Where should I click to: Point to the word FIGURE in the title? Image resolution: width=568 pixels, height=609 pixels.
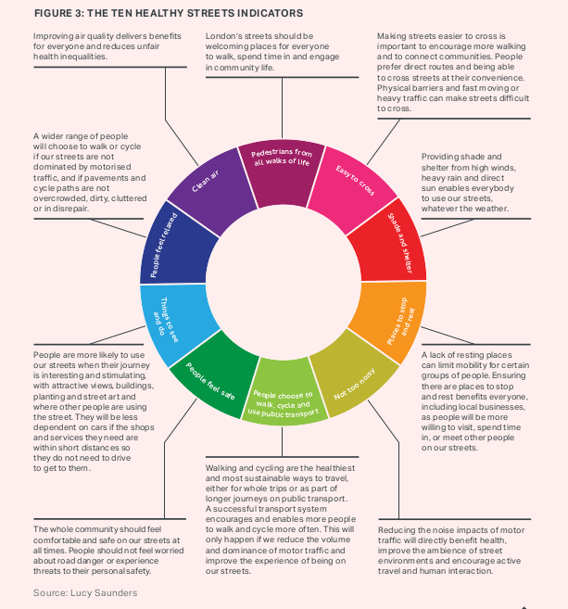[x=50, y=14]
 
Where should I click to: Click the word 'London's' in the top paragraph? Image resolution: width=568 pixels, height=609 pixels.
[x=223, y=35]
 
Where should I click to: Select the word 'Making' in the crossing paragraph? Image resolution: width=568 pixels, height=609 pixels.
[x=394, y=35]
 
